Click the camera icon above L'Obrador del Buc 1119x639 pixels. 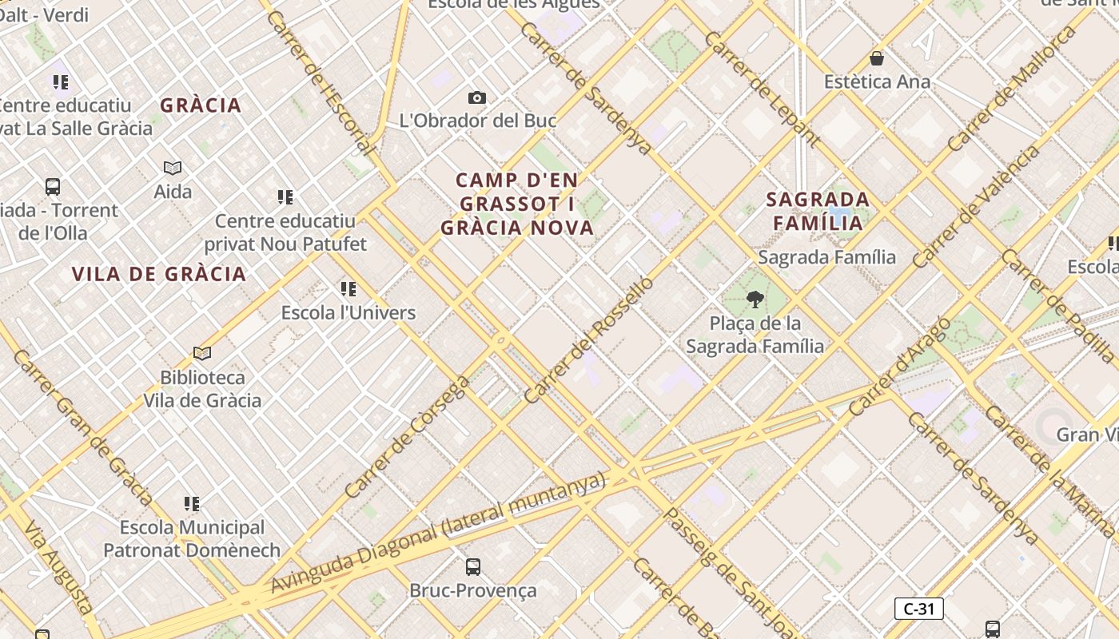[x=477, y=97]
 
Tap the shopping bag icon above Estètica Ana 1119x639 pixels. [x=877, y=58]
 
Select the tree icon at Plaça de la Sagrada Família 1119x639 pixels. [x=755, y=300]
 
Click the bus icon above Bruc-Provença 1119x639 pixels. [x=473, y=567]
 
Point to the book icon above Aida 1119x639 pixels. [x=173, y=168]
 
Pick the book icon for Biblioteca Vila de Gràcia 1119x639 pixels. [x=202, y=353]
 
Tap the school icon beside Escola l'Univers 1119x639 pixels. [x=348, y=288]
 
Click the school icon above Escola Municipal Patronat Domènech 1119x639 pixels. [x=192, y=504]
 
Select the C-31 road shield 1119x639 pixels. [x=918, y=609]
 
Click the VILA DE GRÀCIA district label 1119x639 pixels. [x=159, y=274]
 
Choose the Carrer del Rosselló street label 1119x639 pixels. [x=588, y=339]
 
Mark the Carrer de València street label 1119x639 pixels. [x=977, y=205]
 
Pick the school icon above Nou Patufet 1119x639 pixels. [x=285, y=196]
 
